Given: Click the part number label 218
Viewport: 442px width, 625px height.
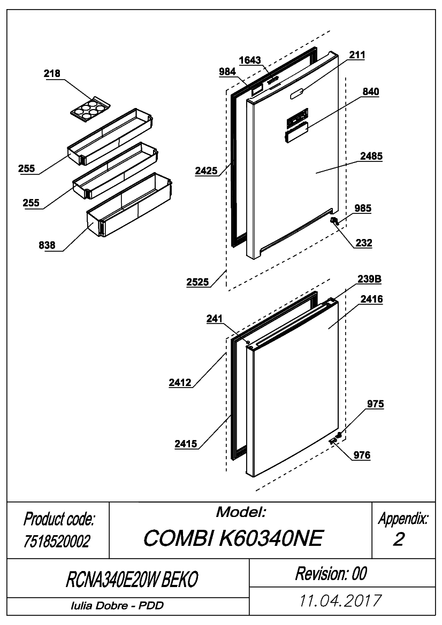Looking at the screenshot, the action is [52, 73].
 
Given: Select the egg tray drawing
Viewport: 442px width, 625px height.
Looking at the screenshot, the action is [90, 107].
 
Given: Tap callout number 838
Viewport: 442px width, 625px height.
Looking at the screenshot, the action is [47, 245].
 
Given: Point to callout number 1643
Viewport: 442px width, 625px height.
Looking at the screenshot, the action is [250, 60].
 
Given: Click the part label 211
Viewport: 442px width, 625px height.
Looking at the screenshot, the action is [357, 55].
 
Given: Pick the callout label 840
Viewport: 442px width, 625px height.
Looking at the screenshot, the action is [371, 91].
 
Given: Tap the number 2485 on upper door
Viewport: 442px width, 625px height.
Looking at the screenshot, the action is [371, 156].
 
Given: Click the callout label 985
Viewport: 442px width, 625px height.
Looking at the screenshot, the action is [363, 209].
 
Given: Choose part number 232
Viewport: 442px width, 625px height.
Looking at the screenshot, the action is [364, 243].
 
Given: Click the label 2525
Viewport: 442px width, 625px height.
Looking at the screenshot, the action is [198, 282].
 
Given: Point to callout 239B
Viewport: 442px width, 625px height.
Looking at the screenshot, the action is [369, 279].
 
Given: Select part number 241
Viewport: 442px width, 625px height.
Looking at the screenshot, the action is [214, 319].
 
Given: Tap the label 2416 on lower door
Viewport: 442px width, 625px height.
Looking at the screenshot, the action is [371, 299].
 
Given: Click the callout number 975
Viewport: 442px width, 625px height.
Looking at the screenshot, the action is [376, 404].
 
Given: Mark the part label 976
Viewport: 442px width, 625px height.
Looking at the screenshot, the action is [362, 455].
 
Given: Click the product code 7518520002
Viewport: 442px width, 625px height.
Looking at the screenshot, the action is [57, 541].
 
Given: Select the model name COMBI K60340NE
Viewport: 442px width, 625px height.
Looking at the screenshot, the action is [233, 538].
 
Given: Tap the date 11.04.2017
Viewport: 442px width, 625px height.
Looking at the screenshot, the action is [340, 601].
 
